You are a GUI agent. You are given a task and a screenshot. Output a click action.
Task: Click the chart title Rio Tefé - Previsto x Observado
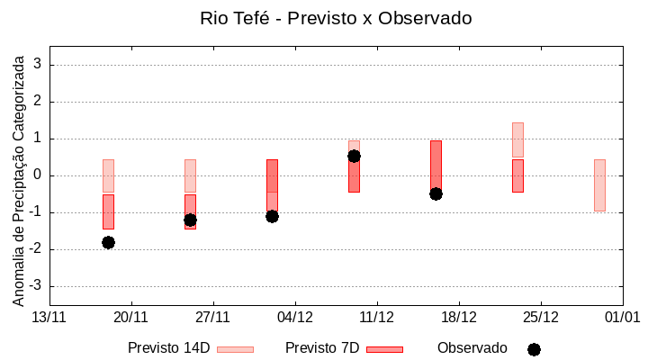pos(336,18)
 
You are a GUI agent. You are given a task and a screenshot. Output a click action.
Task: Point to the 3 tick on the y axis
pos(38,65)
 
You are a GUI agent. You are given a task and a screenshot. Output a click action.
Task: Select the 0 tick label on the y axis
pos(38,175)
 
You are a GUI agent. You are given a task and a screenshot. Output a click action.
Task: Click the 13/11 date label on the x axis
pos(49,317)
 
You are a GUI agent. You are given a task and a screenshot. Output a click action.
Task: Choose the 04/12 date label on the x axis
pos(295,317)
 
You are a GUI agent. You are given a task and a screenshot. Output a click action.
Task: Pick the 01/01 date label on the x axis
pos(622,317)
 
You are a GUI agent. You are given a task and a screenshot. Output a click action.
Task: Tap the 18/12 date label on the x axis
pos(459,317)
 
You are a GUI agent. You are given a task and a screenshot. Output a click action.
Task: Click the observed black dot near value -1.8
pos(108,242)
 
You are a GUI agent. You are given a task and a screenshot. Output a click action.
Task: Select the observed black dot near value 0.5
pos(354,156)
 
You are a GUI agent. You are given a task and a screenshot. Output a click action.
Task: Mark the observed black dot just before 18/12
pos(436,193)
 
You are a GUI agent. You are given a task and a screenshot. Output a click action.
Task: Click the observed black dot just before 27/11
pos(190,220)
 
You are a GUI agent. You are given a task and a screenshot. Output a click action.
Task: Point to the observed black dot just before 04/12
pos(272,216)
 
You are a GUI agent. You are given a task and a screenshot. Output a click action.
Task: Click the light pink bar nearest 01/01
pos(599,184)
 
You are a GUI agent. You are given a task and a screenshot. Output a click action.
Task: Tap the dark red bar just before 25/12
pos(517,175)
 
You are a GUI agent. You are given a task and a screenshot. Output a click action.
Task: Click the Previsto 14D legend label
pos(168,348)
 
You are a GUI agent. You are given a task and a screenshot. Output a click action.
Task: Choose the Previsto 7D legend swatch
pos(384,349)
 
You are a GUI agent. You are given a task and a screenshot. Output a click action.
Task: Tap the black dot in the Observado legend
pos(534,349)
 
